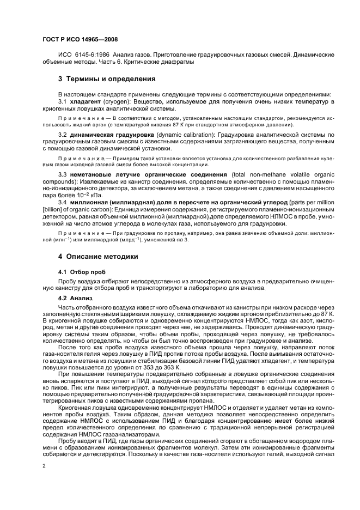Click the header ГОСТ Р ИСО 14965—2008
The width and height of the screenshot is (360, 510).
coord(80,40)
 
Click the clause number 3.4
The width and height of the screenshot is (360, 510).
coord(62,201)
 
